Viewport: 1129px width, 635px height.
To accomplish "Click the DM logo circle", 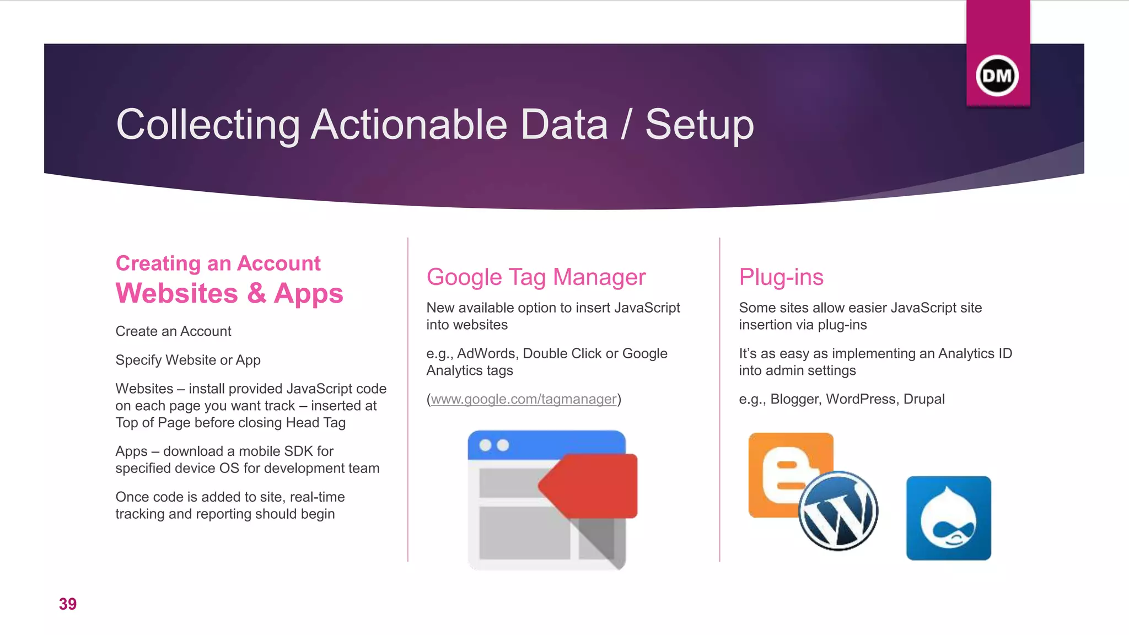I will pos(997,76).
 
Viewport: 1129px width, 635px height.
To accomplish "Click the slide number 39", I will pos(68,604).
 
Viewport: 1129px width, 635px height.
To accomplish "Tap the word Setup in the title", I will pos(699,125).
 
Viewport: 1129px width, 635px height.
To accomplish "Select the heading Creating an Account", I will pos(218,263).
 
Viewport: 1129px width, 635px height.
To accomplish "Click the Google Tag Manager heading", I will pos(536,277).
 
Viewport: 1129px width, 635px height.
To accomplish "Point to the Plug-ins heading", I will pos(781,277).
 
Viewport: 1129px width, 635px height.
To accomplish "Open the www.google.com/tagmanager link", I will pos(523,399).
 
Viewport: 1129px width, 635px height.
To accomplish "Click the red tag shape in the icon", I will pos(593,485).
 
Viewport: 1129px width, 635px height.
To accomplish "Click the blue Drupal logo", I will pos(948,518).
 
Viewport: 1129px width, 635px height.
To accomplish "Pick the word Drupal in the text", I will pos(924,399).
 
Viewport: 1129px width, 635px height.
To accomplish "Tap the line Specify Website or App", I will pos(188,360).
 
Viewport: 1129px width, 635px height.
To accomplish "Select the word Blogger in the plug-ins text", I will pos(794,399).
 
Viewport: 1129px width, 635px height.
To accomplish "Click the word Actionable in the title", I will pos(408,125).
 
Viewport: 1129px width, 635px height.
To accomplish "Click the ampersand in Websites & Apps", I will pos(256,293).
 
